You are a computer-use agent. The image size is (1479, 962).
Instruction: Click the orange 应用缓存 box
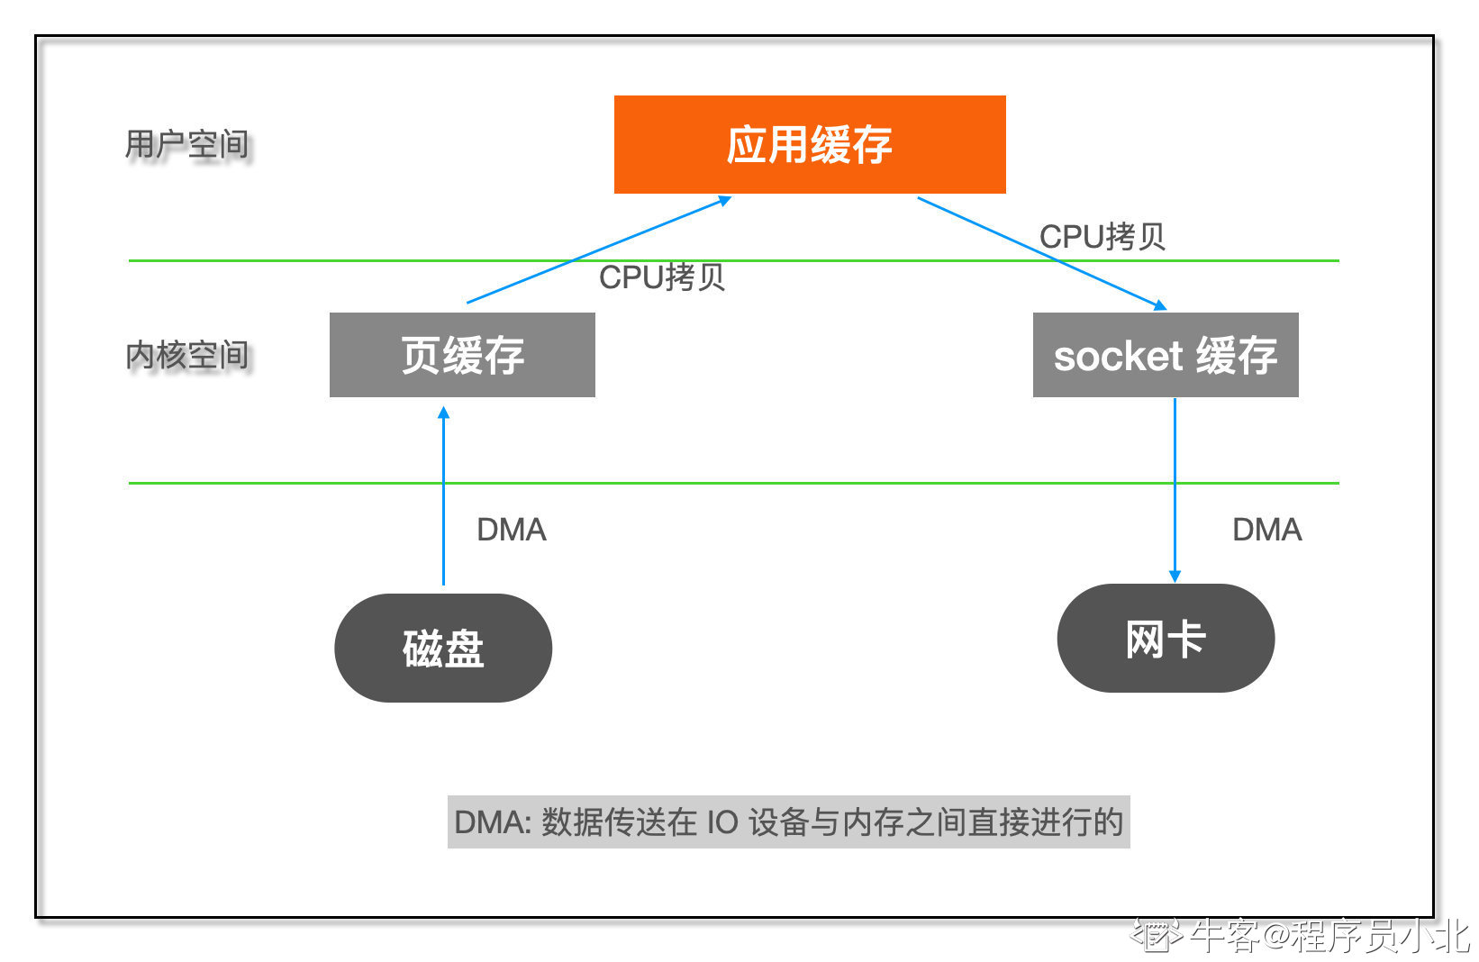tap(810, 145)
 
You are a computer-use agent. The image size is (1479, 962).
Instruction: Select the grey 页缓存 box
tap(462, 355)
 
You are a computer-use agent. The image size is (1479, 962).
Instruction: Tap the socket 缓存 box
tap(1166, 355)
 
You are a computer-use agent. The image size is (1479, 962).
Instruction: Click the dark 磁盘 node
tap(443, 648)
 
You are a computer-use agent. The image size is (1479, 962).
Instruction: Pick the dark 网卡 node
tap(1166, 638)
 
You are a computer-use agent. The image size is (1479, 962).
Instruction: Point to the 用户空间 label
tap(186, 144)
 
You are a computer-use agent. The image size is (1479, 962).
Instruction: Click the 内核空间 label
tap(186, 355)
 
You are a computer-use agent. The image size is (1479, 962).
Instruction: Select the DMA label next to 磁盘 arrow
tap(512, 530)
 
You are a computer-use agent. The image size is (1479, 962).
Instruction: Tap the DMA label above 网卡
tap(1267, 530)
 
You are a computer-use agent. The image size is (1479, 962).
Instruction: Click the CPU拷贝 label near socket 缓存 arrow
tap(1102, 236)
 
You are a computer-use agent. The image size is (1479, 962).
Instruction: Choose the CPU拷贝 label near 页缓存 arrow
tap(662, 277)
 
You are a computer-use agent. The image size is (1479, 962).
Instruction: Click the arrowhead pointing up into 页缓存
tap(444, 412)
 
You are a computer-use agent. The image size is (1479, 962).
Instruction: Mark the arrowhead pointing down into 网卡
tap(1175, 576)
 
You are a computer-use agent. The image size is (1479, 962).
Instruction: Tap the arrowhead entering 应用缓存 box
tap(725, 199)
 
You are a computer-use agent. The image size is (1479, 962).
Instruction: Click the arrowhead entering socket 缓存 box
tap(1160, 305)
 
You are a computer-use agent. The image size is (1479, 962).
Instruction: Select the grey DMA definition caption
tap(788, 822)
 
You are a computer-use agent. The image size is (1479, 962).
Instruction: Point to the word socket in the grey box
tap(1117, 357)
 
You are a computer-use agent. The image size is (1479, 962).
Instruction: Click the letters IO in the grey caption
tap(722, 822)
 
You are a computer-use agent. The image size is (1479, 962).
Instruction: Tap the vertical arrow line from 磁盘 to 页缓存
tap(444, 495)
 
